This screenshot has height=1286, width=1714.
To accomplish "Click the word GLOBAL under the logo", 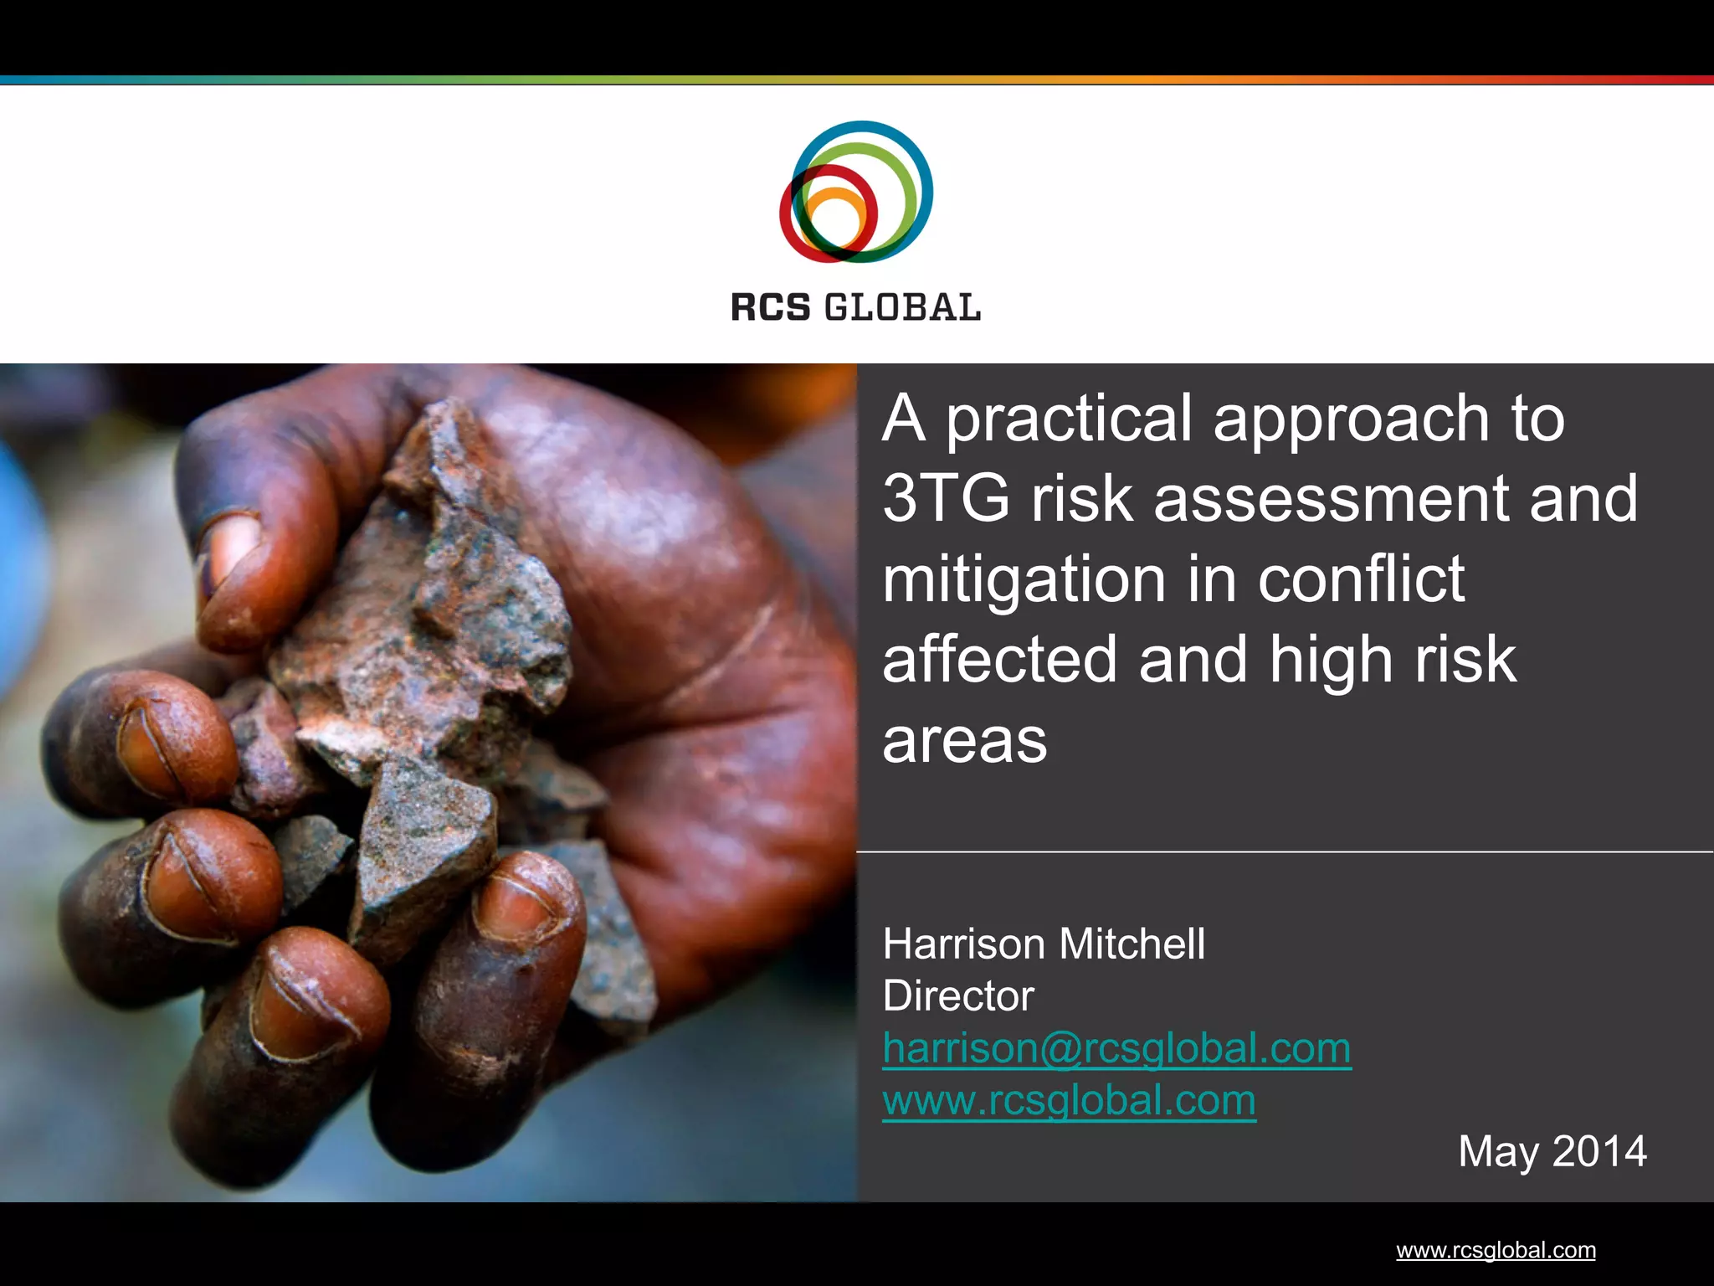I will pyautogui.click(x=902, y=308).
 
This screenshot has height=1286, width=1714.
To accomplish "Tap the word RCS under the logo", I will pyautogui.click(x=771, y=308).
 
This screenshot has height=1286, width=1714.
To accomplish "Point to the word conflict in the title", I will pyautogui.click(x=1361, y=579).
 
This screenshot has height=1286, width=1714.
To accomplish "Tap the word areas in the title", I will pyautogui.click(x=965, y=741).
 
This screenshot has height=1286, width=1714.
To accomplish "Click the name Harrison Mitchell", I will pyautogui.click(x=1044, y=944).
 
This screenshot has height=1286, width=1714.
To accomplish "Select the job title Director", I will pyautogui.click(x=958, y=995).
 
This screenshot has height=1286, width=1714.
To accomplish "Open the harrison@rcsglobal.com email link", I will pyautogui.click(x=1116, y=1048).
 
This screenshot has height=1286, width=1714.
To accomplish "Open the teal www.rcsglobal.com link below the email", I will pyautogui.click(x=1069, y=1100).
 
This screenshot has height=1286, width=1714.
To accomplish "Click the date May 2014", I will pyautogui.click(x=1552, y=1151).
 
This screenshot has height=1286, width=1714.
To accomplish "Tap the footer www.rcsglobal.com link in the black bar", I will pyautogui.click(x=1496, y=1250).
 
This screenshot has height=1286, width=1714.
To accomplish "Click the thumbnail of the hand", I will pyautogui.click(x=428, y=782).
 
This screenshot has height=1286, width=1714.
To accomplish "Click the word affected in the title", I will pyautogui.click(x=999, y=660).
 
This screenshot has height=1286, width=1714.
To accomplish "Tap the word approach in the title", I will pyautogui.click(x=1351, y=419).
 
